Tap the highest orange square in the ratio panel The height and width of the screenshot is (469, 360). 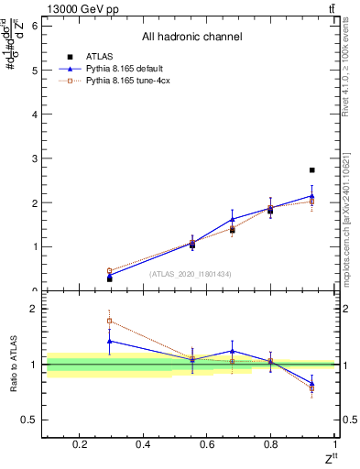pyautogui.click(x=109, y=321)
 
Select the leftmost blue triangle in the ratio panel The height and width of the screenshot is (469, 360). pyautogui.click(x=109, y=341)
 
